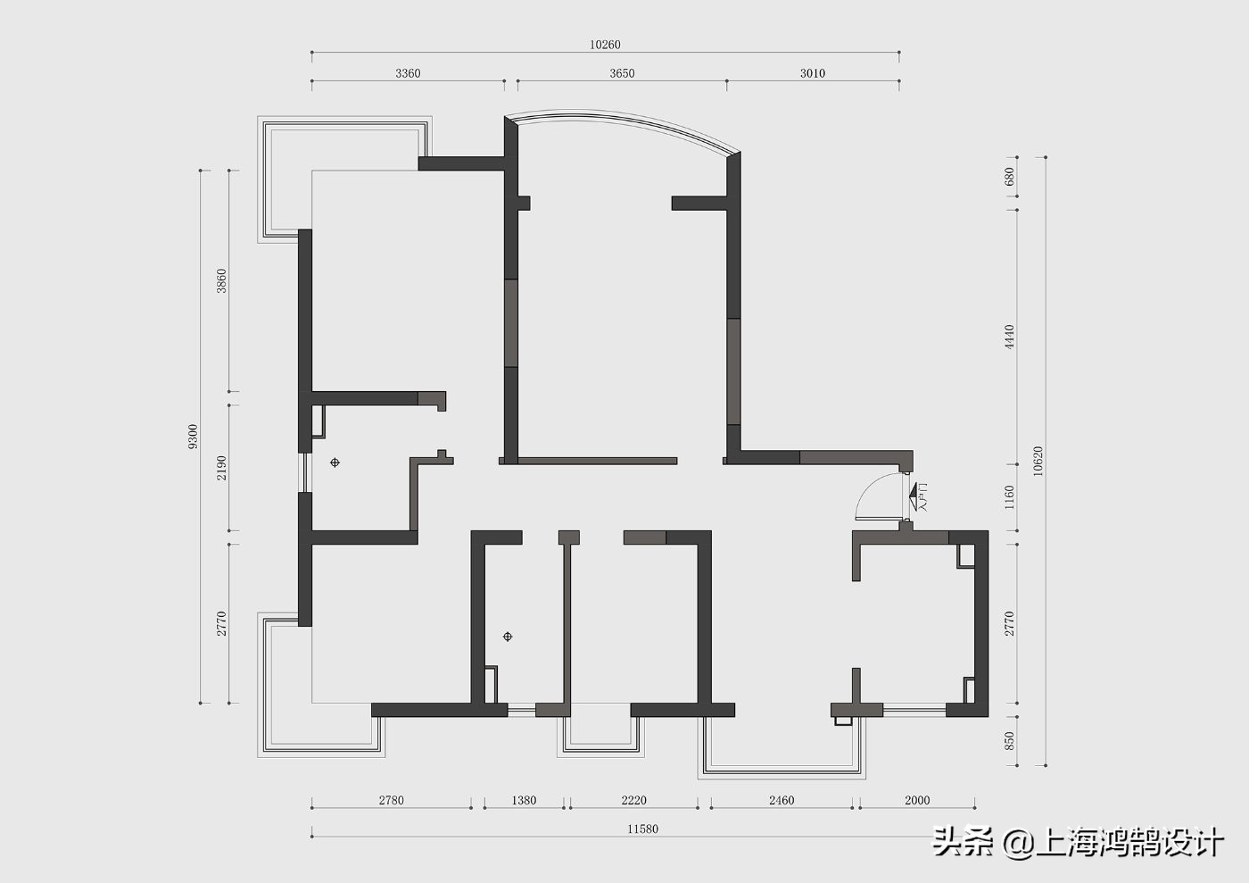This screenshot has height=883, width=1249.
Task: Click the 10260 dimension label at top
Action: [605, 45]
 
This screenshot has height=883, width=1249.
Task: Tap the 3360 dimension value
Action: [408, 73]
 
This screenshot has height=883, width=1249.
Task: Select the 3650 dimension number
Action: [622, 73]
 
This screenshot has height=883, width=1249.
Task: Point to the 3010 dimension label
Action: [813, 73]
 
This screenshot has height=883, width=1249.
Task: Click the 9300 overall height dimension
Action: [193, 437]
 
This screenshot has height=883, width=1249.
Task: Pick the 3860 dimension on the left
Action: [221, 280]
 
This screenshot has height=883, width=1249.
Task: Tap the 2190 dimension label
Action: [221, 468]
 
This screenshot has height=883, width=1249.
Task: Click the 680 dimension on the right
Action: [1009, 177]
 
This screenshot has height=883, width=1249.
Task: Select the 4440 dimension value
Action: [1009, 337]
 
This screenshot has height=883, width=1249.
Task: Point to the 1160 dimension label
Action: [1009, 497]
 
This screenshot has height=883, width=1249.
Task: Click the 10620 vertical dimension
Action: [1037, 461]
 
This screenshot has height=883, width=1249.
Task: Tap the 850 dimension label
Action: [1009, 741]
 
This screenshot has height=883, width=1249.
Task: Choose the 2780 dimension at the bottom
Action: [391, 800]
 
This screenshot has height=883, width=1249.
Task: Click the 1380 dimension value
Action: [524, 800]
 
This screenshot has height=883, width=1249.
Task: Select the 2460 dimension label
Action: [782, 800]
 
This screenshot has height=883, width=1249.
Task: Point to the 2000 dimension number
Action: [917, 800]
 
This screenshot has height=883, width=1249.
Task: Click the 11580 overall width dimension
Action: [642, 829]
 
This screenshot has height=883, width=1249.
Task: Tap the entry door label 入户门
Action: [923, 497]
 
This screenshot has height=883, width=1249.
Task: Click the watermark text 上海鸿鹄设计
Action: [1129, 842]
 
